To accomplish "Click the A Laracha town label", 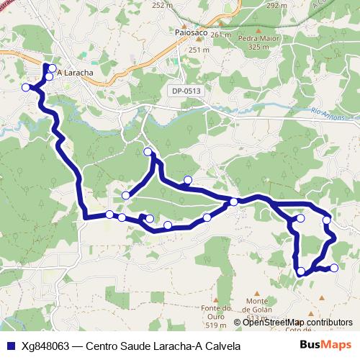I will tap(75, 73).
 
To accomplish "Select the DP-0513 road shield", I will tap(186, 91).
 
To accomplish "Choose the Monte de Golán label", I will tap(261, 305).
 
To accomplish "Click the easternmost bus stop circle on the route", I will tap(334, 268).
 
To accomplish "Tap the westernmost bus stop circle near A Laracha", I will tap(26, 87).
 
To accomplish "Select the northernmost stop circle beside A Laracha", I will tap(52, 69).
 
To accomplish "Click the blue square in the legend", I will tap(9, 346).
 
